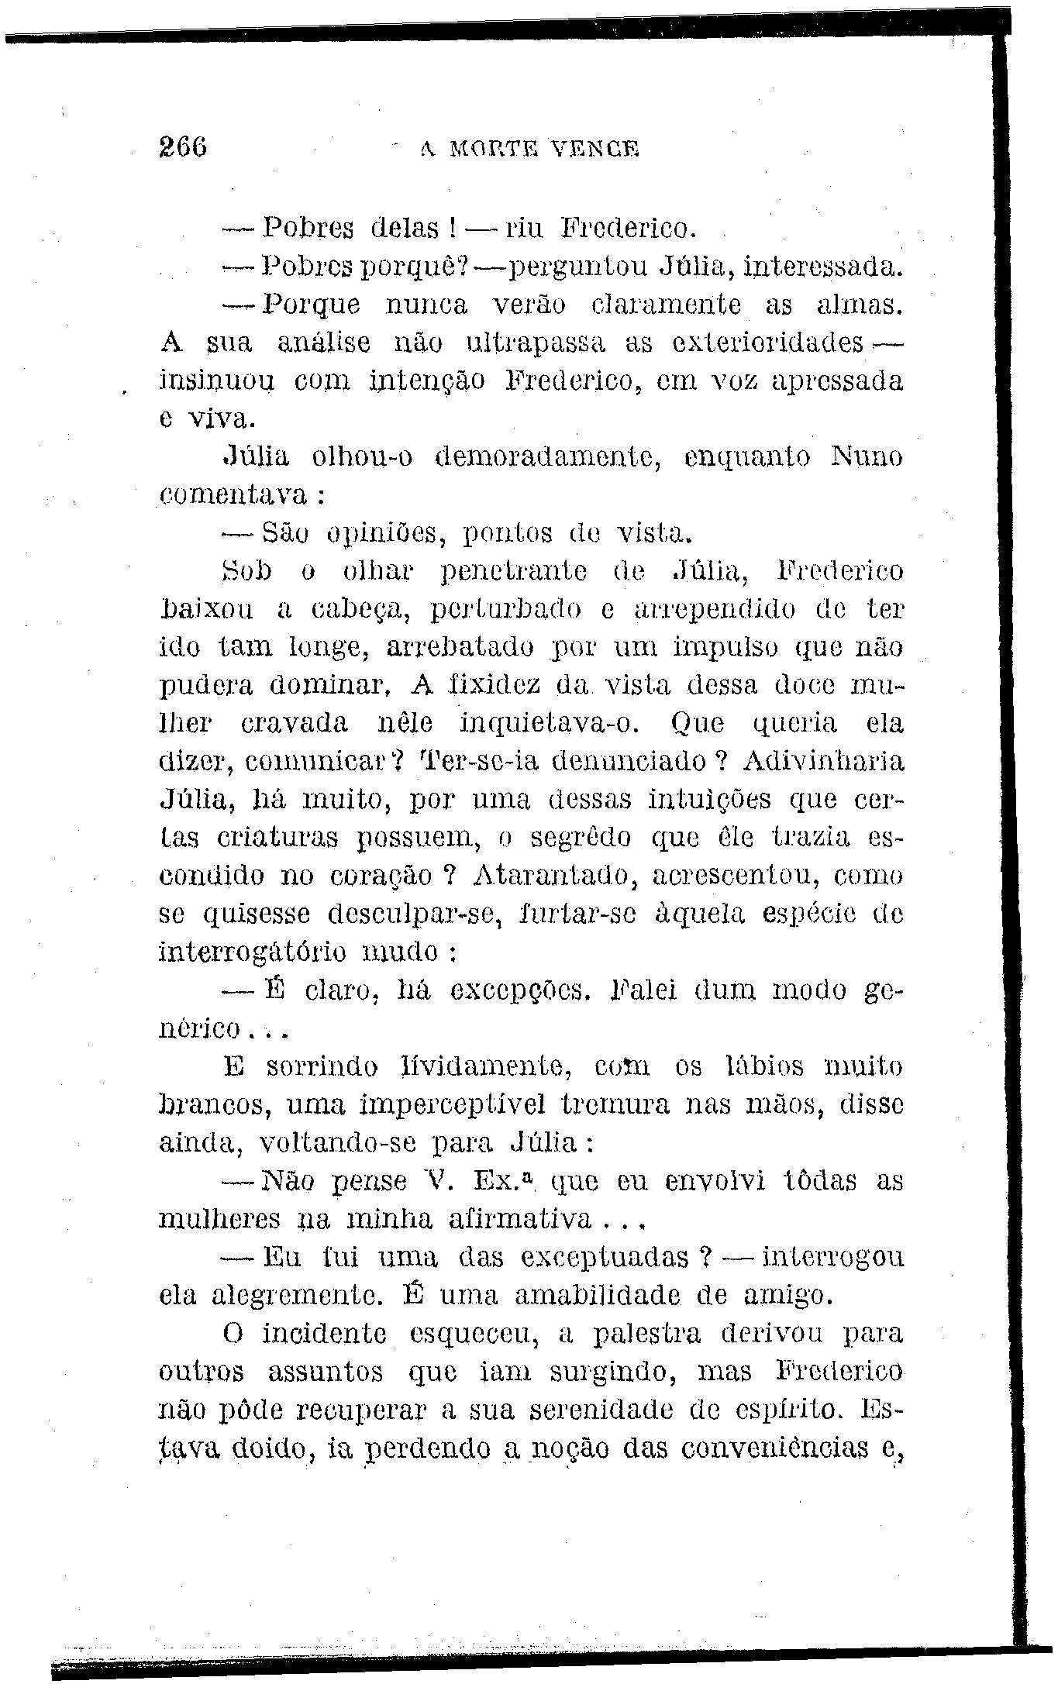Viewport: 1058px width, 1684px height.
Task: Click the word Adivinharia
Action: coord(822,761)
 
